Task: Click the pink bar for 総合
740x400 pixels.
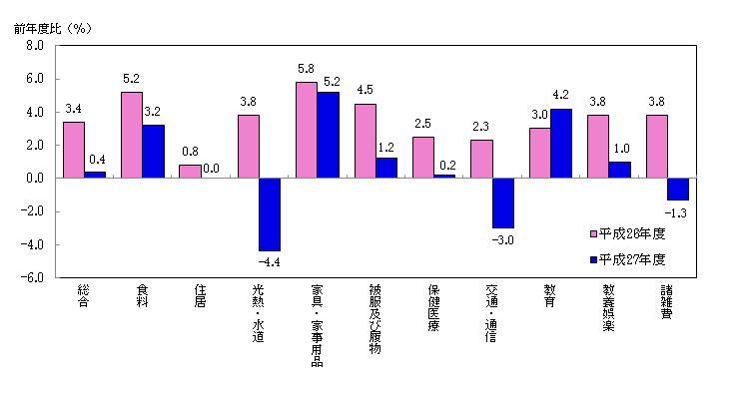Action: pyautogui.click(x=73, y=150)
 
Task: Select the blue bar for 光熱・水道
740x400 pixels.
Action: pyautogui.click(x=270, y=214)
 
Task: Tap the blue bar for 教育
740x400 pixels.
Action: pyautogui.click(x=561, y=143)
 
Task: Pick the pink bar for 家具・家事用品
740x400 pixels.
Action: pyautogui.click(x=307, y=130)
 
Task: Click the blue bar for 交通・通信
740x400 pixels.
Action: pyautogui.click(x=502, y=202)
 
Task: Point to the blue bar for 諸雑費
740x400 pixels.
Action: pyautogui.click(x=678, y=189)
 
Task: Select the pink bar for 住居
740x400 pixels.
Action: pyautogui.click(x=190, y=172)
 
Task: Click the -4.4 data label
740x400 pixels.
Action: pyautogui.click(x=270, y=262)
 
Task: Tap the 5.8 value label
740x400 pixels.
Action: pyautogui.click(x=307, y=70)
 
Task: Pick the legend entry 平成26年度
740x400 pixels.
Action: pyautogui.click(x=631, y=234)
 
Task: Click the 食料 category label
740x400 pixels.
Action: pyautogui.click(x=142, y=297)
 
